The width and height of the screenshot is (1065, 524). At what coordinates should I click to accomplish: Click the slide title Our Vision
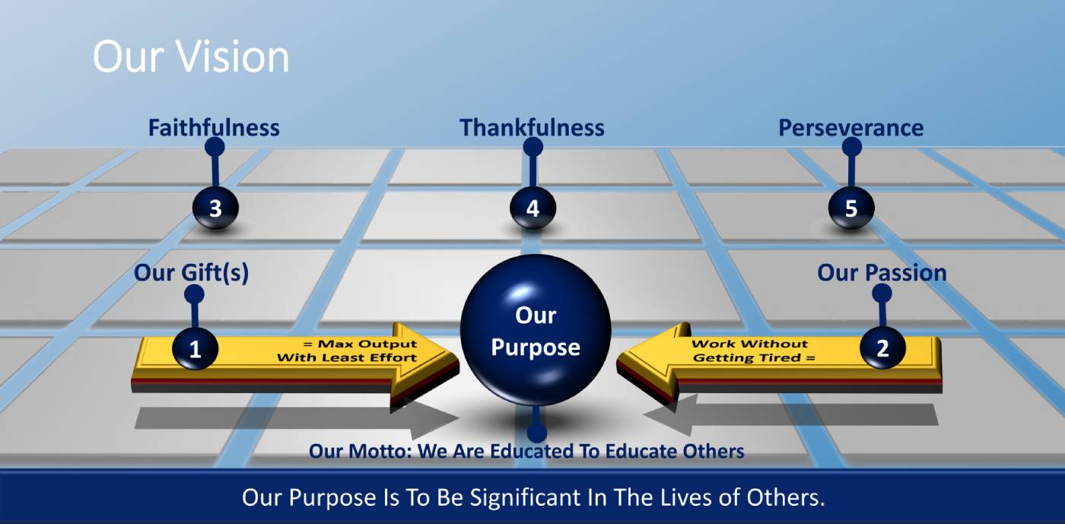tap(191, 57)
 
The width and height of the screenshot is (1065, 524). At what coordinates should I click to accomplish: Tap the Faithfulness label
tap(214, 128)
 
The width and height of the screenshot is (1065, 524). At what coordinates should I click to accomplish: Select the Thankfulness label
tap(532, 128)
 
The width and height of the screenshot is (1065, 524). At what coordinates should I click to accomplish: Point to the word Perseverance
tap(850, 128)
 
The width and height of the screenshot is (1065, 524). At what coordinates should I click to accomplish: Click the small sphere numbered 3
tap(215, 208)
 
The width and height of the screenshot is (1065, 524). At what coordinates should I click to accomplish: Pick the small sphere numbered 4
tap(532, 208)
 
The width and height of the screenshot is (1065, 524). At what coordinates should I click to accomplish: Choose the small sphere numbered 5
tap(850, 208)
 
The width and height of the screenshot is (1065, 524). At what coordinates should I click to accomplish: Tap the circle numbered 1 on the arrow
tap(196, 349)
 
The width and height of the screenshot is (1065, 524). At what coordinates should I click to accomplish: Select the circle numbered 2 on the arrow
tap(882, 348)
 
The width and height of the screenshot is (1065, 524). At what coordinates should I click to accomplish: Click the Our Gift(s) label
tap(191, 272)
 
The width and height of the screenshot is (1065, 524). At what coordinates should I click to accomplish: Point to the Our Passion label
tap(882, 272)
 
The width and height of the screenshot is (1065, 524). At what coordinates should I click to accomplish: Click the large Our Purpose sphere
tap(536, 331)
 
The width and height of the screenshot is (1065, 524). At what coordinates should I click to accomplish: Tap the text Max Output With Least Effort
tap(348, 351)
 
